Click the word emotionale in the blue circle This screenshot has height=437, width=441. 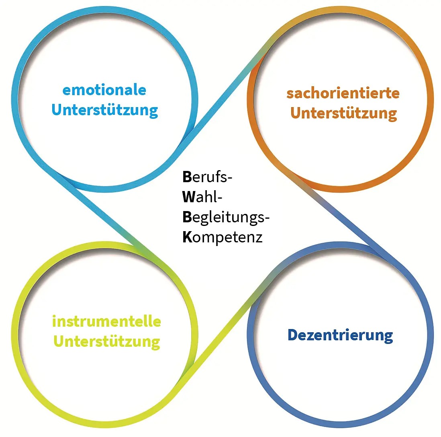coord(104,90)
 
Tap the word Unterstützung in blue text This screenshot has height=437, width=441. coord(104,110)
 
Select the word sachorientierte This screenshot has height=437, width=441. coord(343,93)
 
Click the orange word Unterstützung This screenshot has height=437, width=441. coord(343,113)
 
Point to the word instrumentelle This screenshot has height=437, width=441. coord(106,321)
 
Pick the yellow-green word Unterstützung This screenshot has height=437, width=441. coord(106,341)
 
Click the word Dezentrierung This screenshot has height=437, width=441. coord(340,335)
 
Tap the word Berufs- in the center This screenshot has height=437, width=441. coord(207,177)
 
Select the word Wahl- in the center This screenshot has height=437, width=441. coord(202,197)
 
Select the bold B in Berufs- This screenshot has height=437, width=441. coord(187,177)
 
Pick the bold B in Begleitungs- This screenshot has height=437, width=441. coord(187,217)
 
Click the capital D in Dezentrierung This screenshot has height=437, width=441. coord(292,335)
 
